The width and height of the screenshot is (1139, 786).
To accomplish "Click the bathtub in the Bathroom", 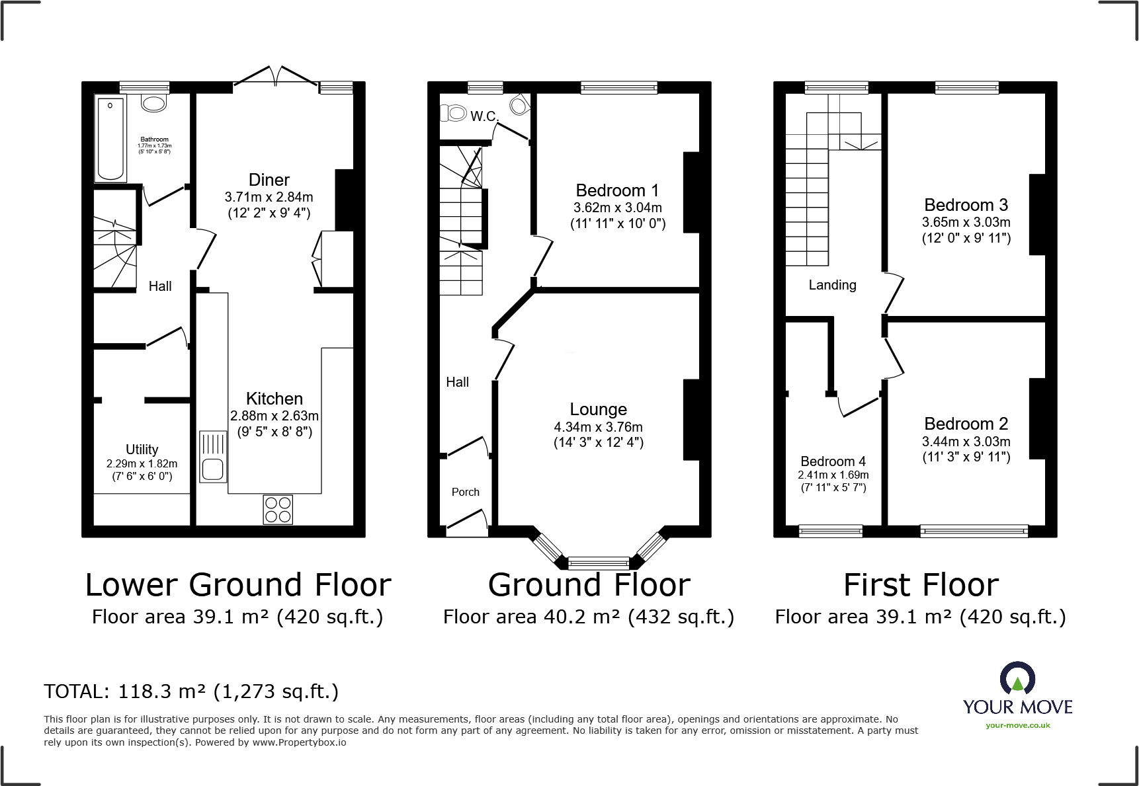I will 111,138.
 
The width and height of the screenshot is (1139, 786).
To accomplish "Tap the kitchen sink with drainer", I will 213,457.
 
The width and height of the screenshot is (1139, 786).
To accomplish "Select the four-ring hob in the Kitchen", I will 278,510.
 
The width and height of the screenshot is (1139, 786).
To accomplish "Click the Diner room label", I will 269,180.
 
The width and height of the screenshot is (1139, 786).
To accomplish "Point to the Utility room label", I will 142,450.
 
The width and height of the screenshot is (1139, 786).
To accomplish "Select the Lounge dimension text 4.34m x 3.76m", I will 598,427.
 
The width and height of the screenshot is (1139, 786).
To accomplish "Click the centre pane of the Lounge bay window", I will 598,563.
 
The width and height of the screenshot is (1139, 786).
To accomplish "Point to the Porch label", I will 465,492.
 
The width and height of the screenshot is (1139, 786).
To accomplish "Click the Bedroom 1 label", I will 617,190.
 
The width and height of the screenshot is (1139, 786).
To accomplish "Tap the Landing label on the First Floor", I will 832,285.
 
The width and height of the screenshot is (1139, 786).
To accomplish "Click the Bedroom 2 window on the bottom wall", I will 974,530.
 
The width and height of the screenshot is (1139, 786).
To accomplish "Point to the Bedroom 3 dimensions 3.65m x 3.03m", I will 966,222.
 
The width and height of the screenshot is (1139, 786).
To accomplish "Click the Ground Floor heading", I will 589,585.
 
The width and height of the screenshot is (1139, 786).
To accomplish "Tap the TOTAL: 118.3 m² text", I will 191,691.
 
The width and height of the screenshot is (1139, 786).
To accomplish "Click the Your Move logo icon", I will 1017,679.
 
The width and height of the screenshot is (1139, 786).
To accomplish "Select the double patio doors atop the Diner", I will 276,76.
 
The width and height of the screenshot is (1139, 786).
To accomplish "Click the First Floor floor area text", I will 920,617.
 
